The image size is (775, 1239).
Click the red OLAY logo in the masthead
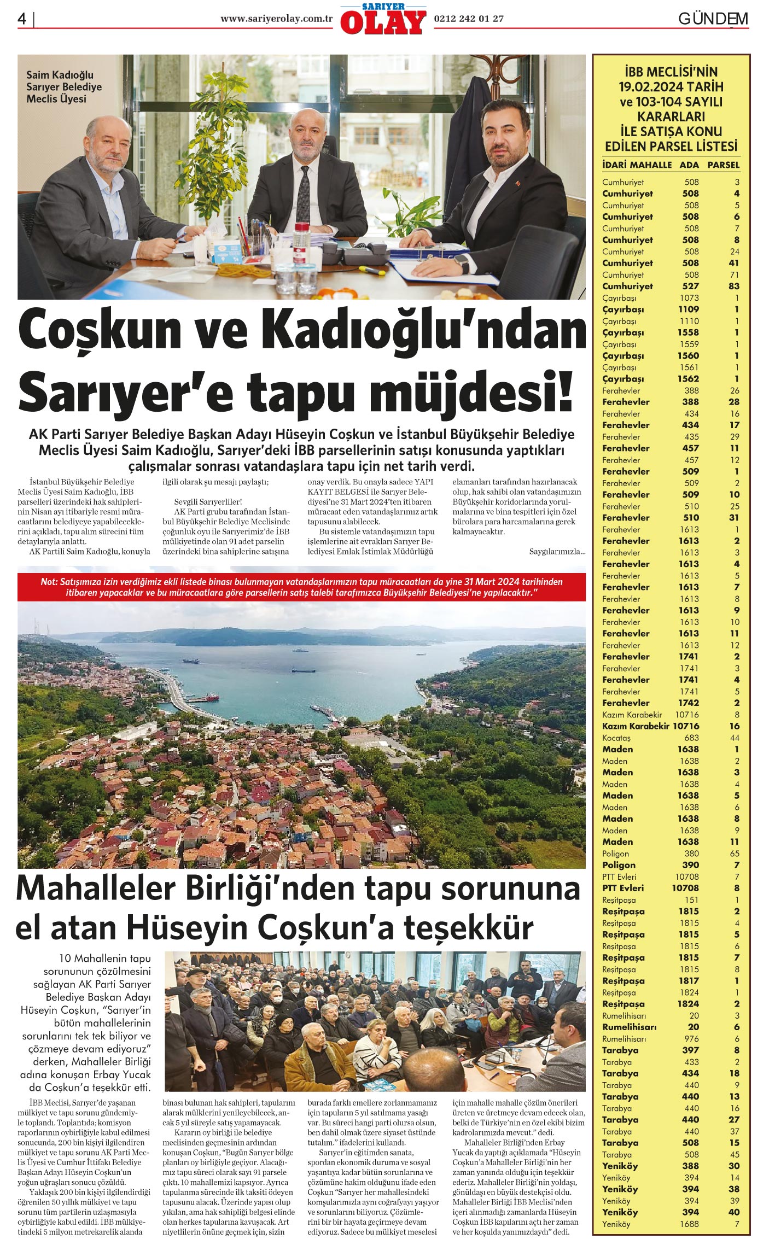[x=383, y=22]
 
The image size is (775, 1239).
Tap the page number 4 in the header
[x=22, y=19]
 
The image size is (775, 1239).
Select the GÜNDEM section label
[x=713, y=19]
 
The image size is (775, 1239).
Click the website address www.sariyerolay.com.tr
[x=277, y=19]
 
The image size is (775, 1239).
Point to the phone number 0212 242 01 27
[x=468, y=19]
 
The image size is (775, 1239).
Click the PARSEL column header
[x=723, y=165]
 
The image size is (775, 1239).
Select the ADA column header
[x=689, y=165]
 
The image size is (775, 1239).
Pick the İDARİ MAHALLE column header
[x=637, y=165]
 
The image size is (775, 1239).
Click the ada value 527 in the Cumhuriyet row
[x=691, y=286]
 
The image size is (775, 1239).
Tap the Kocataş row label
[x=616, y=738]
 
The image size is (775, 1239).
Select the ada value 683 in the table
[x=691, y=738]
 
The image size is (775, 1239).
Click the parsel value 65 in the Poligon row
[x=734, y=854]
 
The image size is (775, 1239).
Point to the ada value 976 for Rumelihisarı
[x=691, y=1038]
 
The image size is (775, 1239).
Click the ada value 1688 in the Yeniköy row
[x=689, y=1224]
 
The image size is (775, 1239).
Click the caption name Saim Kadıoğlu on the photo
[x=60, y=75]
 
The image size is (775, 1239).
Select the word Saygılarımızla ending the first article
[x=557, y=551]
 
